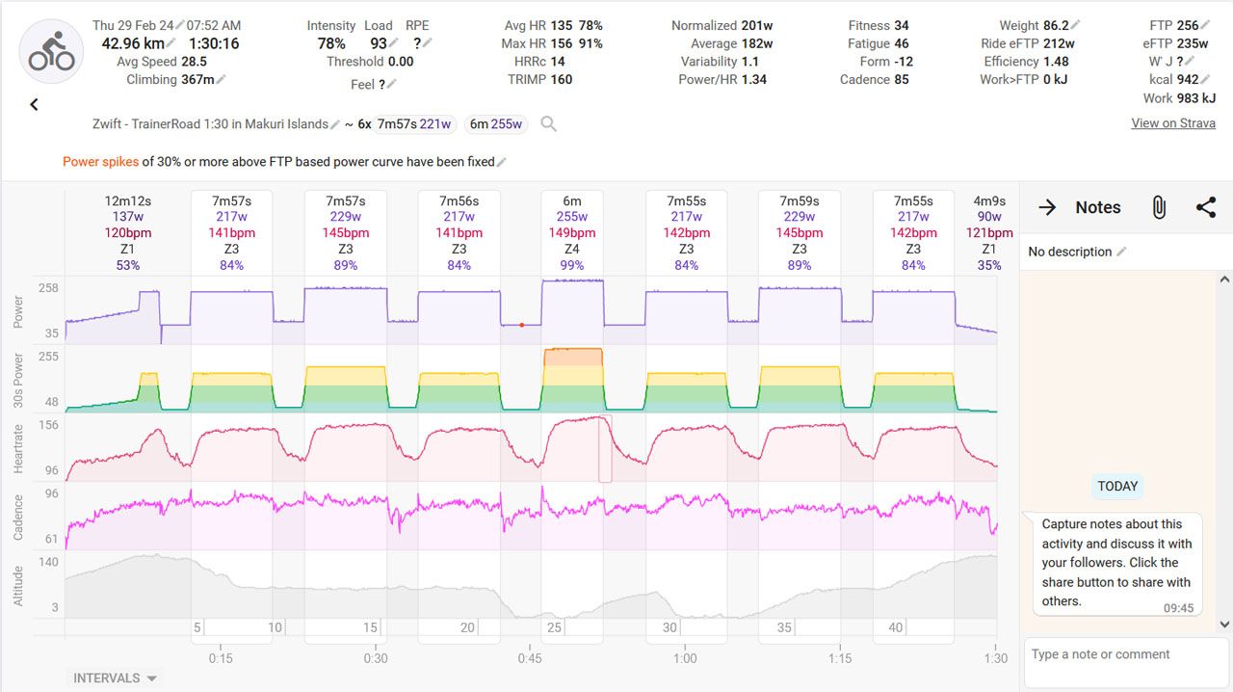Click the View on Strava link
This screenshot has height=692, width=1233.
click(x=1172, y=123)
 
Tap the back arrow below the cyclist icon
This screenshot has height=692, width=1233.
click(x=35, y=104)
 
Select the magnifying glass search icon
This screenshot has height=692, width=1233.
click(x=548, y=123)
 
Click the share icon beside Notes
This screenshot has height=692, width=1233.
click(x=1205, y=207)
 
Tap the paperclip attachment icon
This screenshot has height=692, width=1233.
click(x=1159, y=207)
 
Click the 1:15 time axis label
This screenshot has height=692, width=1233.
click(x=840, y=658)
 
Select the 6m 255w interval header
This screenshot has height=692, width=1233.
click(x=572, y=233)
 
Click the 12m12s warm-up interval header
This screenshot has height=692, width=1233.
click(x=128, y=233)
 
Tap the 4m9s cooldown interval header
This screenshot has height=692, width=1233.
click(x=989, y=233)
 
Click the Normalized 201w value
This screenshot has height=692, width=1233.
click(x=757, y=26)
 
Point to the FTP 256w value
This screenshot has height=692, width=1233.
click(x=1188, y=26)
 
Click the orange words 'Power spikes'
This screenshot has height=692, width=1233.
click(x=100, y=162)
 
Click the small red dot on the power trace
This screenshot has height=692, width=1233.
click(x=522, y=325)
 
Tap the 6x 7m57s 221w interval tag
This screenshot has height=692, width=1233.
click(x=414, y=123)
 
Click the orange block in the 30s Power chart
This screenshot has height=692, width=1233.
click(x=573, y=357)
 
